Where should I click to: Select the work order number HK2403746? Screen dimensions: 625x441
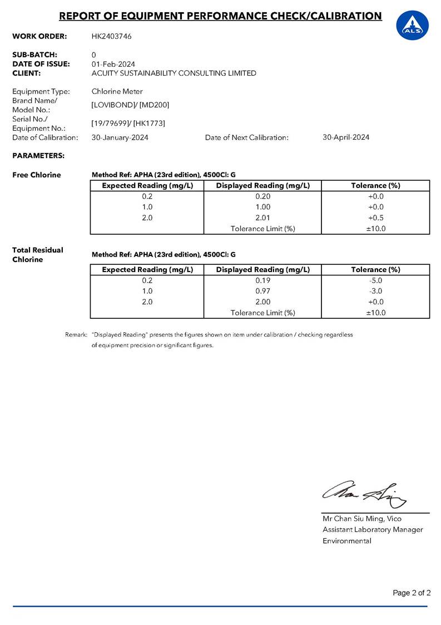coord(112,36)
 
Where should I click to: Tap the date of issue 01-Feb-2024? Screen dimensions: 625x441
coord(113,64)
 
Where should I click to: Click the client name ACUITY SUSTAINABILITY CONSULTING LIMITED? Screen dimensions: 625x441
coord(174,73)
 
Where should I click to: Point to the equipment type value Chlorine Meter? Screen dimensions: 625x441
coord(117,91)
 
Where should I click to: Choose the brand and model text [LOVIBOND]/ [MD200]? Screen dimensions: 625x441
coord(130,105)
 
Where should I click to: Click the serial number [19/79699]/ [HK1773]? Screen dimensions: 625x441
coord(128,123)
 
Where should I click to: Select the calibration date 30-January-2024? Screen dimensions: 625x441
coord(120,137)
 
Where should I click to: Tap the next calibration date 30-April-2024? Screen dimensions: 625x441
coord(346,137)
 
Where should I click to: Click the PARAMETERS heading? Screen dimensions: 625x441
coord(38,155)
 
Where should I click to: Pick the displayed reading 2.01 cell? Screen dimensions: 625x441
coord(262,218)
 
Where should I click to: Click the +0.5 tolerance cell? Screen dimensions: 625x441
coord(375,218)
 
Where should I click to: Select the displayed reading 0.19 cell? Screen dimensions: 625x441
coord(262,280)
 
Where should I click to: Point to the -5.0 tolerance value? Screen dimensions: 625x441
coord(375,280)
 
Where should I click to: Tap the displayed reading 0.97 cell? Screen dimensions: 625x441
coord(262,291)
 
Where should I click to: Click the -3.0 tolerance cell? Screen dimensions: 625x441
coord(375,291)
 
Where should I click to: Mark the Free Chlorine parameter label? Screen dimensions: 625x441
coord(37,175)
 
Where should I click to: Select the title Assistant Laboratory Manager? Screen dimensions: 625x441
coord(373,529)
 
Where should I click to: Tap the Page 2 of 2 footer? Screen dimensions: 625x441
coord(412,593)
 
